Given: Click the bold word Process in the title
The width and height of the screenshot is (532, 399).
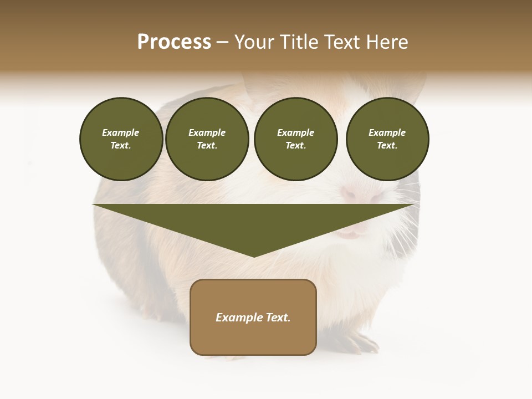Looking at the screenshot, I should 174,42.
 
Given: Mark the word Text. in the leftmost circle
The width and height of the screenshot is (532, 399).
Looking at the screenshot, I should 121,146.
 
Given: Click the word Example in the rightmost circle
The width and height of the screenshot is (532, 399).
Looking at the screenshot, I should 387,132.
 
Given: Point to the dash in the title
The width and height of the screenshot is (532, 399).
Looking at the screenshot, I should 223,43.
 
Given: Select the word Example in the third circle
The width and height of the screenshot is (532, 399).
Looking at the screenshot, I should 296,132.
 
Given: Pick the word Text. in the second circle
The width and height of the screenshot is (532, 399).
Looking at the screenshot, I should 207,146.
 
